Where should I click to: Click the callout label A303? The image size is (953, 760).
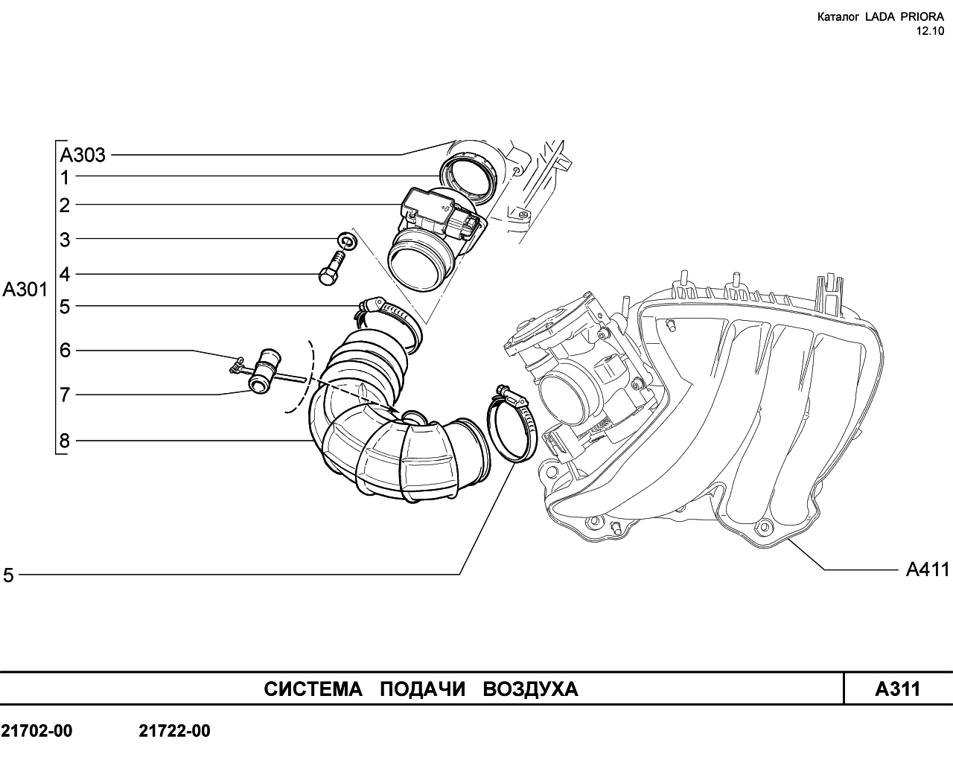[x=83, y=155]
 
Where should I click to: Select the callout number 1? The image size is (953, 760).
[x=65, y=178]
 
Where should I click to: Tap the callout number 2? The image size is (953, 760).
[x=65, y=205]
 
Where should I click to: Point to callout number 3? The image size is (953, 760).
[x=65, y=240]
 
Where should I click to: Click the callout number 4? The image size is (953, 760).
[x=65, y=274]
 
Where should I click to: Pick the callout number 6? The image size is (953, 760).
[x=65, y=351]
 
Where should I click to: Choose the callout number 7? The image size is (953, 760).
[x=65, y=395]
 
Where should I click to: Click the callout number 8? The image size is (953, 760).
[x=65, y=441]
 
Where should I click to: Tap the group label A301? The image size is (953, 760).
[x=25, y=290]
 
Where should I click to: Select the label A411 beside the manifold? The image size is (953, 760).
[x=928, y=569]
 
